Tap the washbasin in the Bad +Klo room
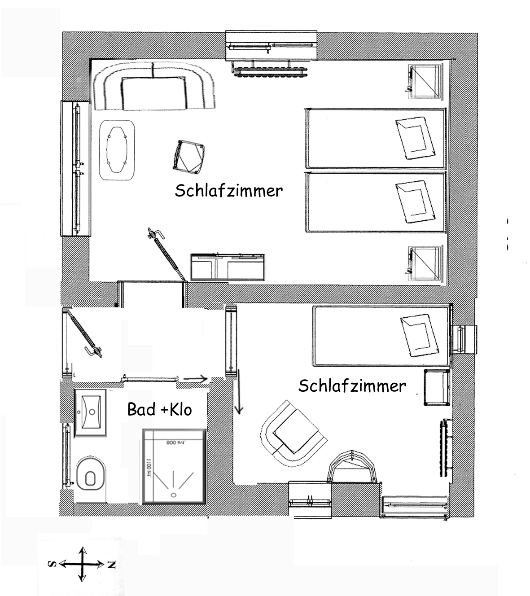pyautogui.click(x=91, y=412)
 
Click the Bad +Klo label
pyautogui.click(x=160, y=409)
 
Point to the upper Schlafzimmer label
pyautogui.click(x=229, y=191)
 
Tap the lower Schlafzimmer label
pyautogui.click(x=352, y=386)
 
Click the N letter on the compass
pyautogui.click(x=111, y=565)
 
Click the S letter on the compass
pyautogui.click(x=53, y=564)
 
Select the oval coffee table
pyautogui.click(x=117, y=150)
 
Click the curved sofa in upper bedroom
pyautogui.click(x=153, y=86)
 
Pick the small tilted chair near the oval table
pyautogui.click(x=188, y=156)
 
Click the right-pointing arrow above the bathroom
pyautogui.click(x=195, y=379)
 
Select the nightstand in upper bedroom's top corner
pyautogui.click(x=424, y=81)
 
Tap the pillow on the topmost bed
pyautogui.click(x=416, y=138)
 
